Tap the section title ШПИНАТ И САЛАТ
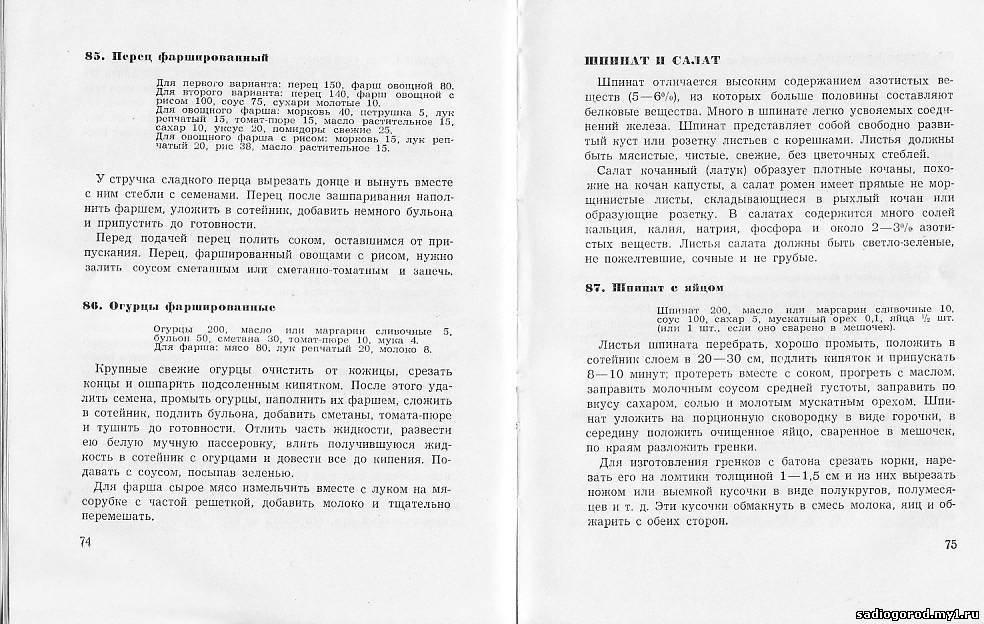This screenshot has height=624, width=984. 636,61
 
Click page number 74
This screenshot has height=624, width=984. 84,541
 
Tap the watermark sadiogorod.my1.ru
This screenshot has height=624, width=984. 921,608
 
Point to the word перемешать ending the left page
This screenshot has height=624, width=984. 118,517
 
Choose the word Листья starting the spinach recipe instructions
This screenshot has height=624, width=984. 616,343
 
